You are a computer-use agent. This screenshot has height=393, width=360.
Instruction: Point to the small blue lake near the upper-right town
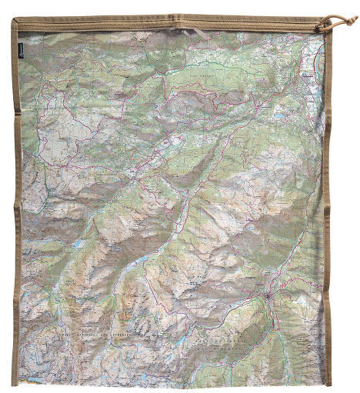tap(276, 115)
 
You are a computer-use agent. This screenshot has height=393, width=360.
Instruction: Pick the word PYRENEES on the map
tap(115, 335)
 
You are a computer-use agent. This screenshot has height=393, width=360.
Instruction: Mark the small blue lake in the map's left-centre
tap(78, 244)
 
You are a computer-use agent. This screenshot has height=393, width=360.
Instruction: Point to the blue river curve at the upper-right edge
tap(318, 54)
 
